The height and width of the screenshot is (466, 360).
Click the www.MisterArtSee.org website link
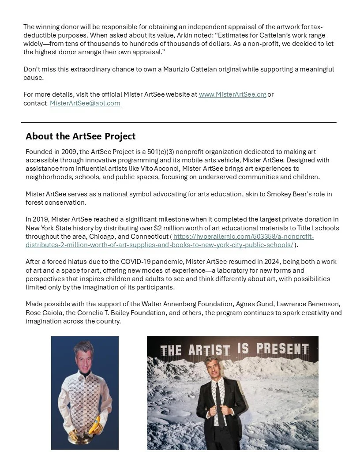232,94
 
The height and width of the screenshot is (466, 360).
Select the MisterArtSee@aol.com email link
85,103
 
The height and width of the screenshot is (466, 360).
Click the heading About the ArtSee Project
80,136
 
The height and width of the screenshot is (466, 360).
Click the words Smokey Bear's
288,194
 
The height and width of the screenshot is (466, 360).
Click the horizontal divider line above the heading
179,122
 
